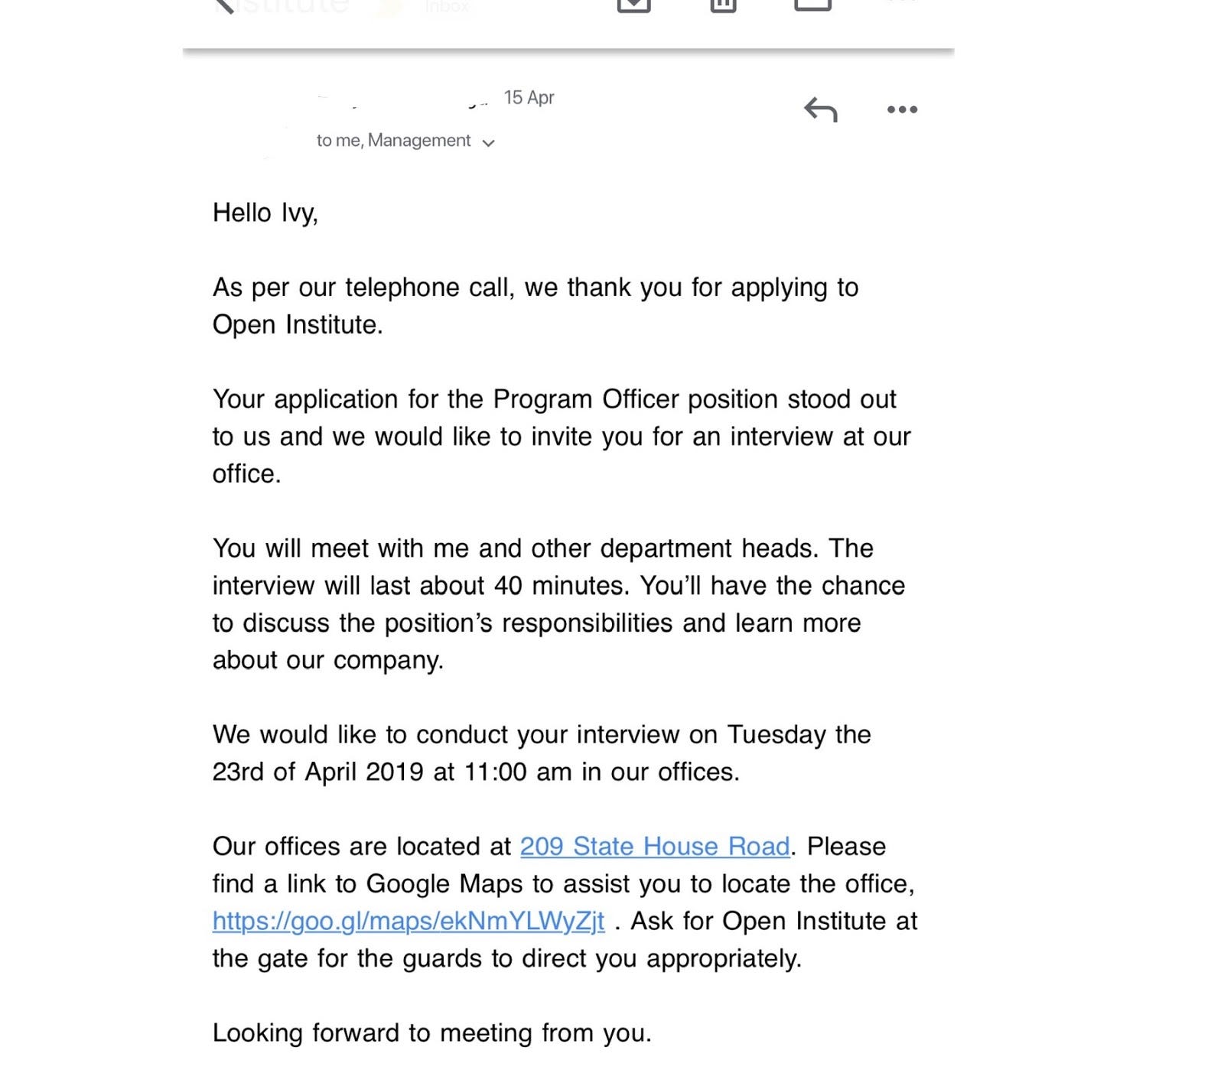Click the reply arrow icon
821,110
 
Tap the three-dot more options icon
902,110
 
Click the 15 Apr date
529,98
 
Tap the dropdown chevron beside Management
489,142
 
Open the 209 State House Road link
655,847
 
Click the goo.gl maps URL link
409,921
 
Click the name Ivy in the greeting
299,213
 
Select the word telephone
396,288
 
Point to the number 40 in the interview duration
508,586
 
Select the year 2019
394,772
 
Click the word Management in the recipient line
419,141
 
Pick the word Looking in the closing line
258,1033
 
